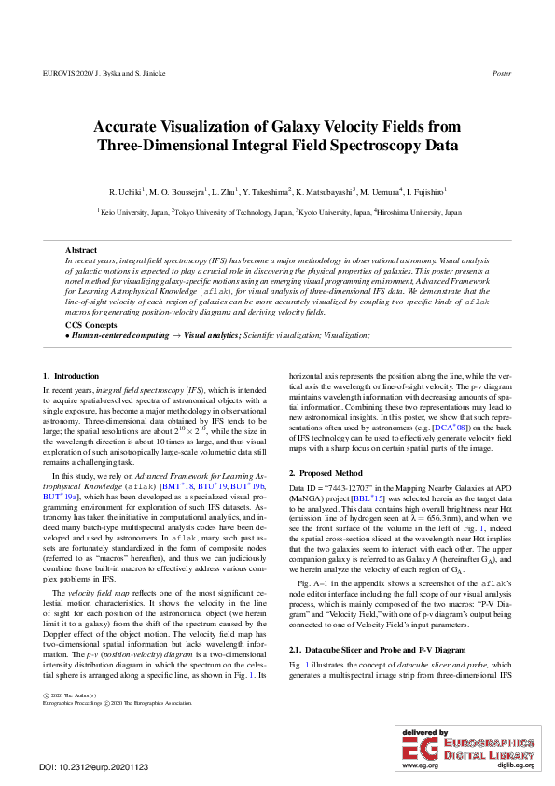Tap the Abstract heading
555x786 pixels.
[80, 251]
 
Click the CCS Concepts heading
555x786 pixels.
[91, 324]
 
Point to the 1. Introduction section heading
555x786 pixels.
[71, 376]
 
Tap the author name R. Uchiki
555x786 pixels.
[128, 191]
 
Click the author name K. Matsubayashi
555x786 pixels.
[326, 191]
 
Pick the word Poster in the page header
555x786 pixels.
[502, 73]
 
